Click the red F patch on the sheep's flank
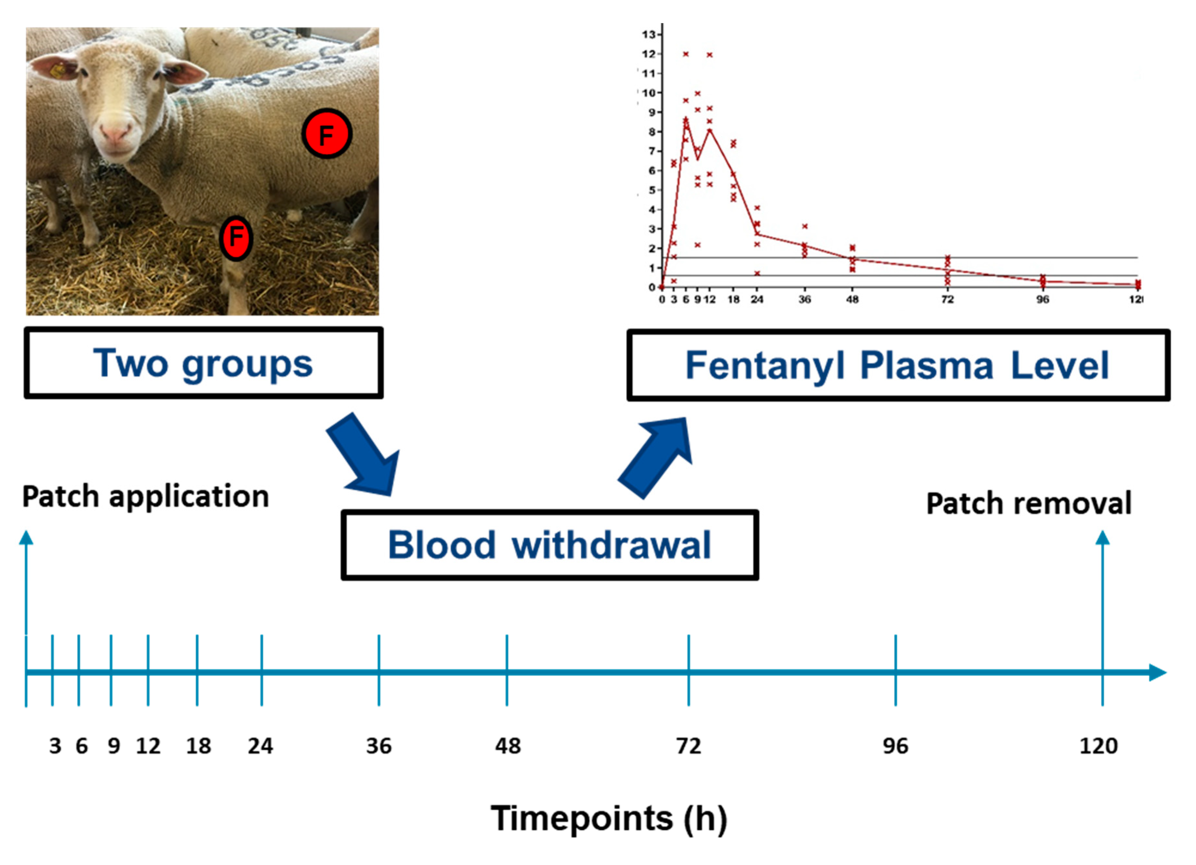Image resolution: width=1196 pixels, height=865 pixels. pos(326,134)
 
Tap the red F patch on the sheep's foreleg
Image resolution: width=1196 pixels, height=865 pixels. pos(236,238)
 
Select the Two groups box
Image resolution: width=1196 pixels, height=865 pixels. pos(204,363)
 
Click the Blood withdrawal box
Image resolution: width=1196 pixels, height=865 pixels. pos(550,545)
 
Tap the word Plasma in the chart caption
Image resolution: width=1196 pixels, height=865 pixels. pos(926,365)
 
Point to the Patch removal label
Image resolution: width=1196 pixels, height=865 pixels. pos(1028,503)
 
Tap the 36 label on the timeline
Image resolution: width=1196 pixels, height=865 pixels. pos(379,746)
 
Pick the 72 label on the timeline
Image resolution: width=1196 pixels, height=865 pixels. pos(688,746)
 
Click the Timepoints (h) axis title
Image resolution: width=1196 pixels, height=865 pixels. pos(609,818)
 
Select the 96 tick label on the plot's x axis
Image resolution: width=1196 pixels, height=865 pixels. pos(1043,299)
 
